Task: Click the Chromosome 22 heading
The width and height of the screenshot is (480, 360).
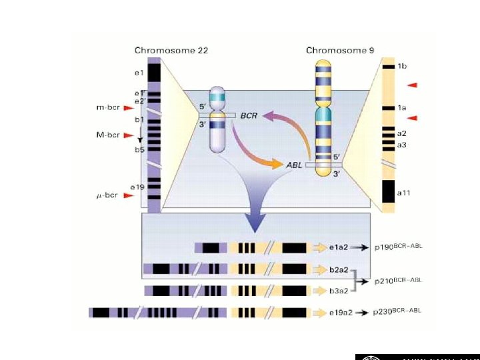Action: [171, 50]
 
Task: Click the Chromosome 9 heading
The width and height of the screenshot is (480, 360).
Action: [340, 50]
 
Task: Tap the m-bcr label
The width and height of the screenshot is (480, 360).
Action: [107, 107]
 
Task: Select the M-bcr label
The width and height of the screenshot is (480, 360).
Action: [107, 135]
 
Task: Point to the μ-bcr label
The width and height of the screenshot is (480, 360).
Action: [106, 195]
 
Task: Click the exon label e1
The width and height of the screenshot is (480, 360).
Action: [139, 72]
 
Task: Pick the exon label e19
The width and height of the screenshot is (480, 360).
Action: [137, 187]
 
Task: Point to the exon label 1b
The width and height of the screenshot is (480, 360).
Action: [403, 66]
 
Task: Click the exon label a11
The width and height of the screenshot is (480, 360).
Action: [404, 193]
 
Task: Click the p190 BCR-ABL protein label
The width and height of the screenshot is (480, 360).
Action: [397, 247]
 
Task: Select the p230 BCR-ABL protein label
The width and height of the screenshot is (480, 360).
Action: [397, 311]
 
